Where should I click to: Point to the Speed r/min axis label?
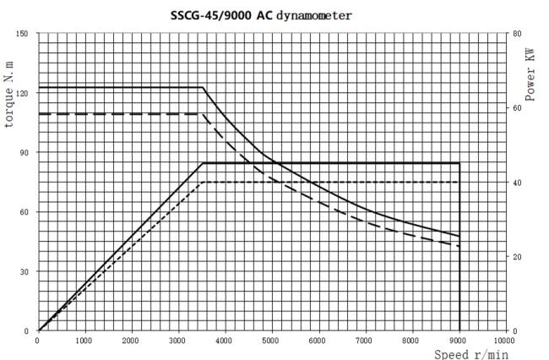pos(471,354)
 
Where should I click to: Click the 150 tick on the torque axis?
pos(22,33)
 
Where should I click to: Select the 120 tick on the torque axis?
pos(22,93)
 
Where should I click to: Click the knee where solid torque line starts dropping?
pos(204,87)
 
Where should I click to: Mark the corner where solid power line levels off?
pos(204,163)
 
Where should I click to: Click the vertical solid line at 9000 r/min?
pos(459,254)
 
